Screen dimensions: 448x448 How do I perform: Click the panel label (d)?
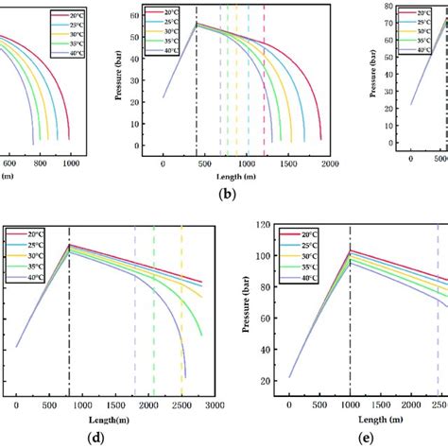click(95, 438)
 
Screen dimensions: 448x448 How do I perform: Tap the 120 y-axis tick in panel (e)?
click(265, 226)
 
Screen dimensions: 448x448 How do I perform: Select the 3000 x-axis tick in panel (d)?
click(215, 405)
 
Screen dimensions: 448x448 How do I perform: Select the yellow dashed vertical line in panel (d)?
click(181, 312)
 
